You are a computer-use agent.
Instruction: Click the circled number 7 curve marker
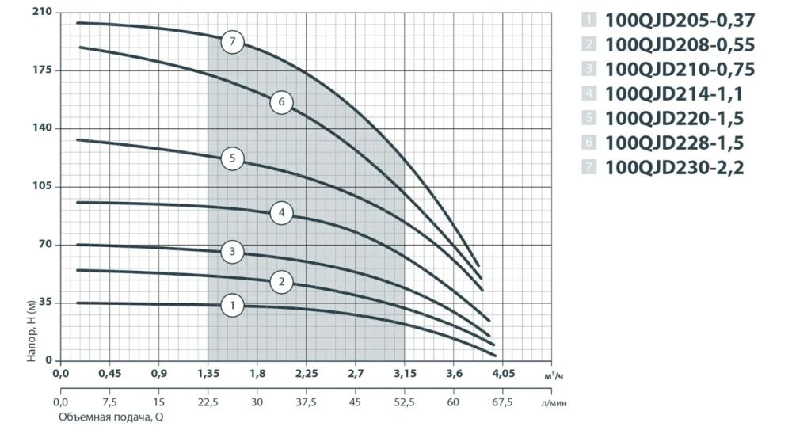(232, 41)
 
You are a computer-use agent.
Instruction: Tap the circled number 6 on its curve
(281, 102)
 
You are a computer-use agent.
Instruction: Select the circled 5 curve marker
(232, 158)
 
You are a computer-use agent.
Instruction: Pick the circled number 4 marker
(281, 213)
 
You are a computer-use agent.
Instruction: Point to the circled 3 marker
(232, 252)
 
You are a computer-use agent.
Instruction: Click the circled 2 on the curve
(281, 281)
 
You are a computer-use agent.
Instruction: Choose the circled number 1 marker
(232, 305)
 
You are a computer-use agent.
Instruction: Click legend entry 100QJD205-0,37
(680, 21)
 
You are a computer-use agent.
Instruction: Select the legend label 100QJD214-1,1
(674, 93)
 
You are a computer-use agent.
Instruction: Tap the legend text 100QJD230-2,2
(674, 167)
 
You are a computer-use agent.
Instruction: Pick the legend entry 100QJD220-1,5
(674, 118)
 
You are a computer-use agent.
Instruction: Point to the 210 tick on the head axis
(43, 12)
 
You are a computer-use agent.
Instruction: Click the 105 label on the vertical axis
(43, 186)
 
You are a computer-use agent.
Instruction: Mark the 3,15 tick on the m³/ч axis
(405, 373)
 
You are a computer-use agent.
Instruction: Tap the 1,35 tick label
(208, 373)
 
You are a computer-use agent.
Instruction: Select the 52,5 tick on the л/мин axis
(404, 402)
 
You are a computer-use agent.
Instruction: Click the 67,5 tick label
(503, 402)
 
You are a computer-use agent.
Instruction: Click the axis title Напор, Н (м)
(32, 329)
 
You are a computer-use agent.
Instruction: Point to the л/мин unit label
(554, 403)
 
